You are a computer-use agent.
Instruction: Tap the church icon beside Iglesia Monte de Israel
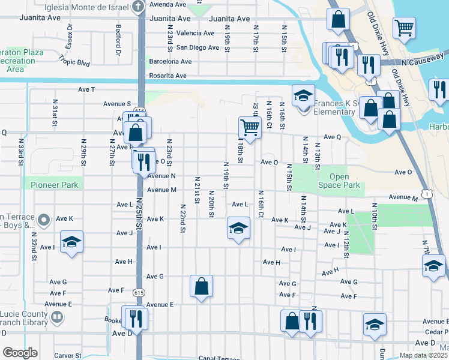(x=137, y=7)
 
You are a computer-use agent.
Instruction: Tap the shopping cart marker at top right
(x=405, y=28)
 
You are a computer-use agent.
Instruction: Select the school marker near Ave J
(x=238, y=229)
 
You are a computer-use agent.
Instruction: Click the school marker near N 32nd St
(x=72, y=242)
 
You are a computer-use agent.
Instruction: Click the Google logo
(x=20, y=353)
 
